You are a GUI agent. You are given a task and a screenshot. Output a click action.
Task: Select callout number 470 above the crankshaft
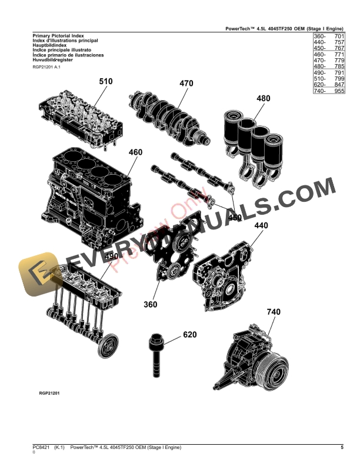click(x=186, y=84)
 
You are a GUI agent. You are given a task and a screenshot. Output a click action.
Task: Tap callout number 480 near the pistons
click(x=264, y=99)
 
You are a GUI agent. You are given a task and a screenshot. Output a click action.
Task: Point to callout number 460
click(x=135, y=152)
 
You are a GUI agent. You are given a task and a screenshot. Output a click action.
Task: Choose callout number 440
click(x=262, y=225)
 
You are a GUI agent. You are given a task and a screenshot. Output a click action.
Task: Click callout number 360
click(x=151, y=304)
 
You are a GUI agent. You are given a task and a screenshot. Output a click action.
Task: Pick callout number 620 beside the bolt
click(x=189, y=335)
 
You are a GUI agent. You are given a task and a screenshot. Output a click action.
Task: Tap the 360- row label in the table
click(x=319, y=36)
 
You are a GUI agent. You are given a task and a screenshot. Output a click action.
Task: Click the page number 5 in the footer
click(x=342, y=448)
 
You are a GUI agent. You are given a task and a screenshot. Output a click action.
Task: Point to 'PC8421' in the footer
click(x=41, y=448)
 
